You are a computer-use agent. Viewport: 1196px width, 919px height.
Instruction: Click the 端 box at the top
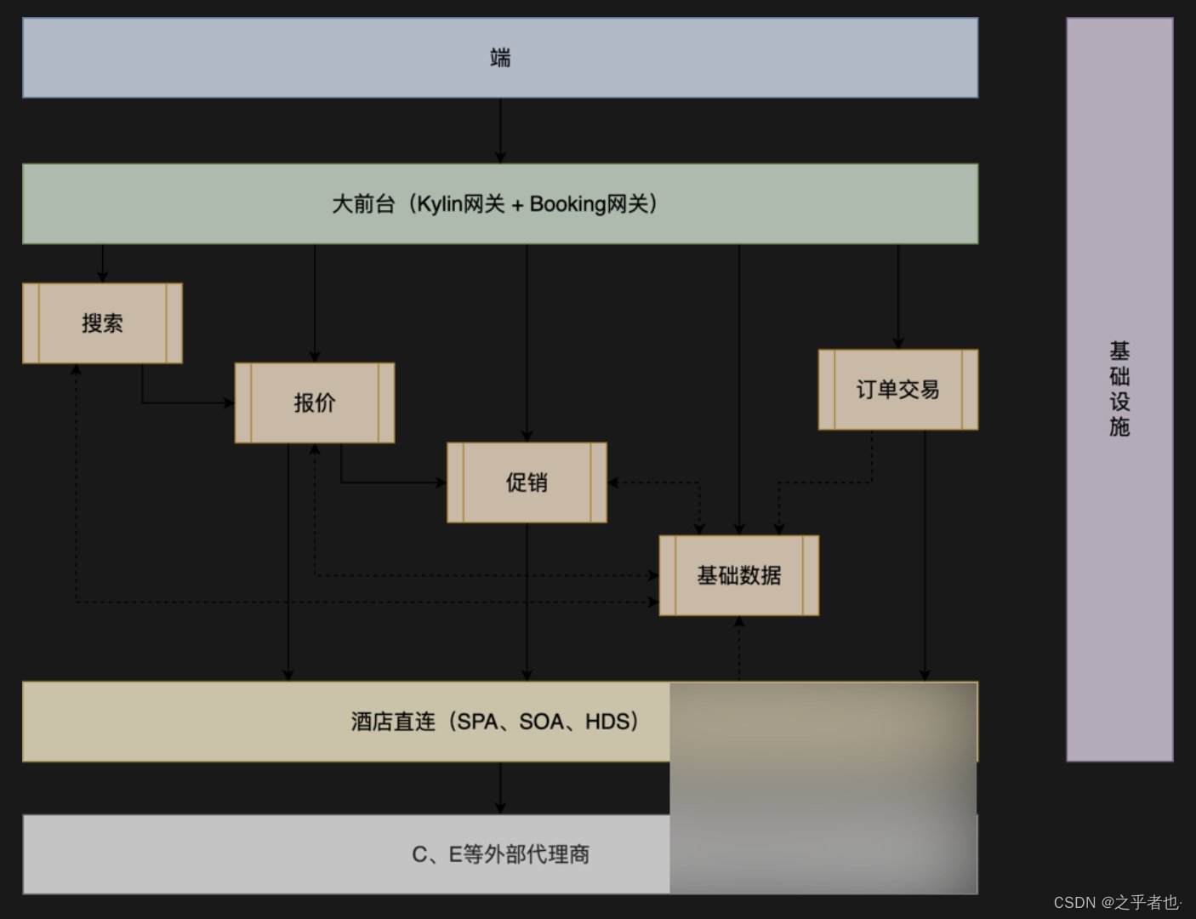coord(500,58)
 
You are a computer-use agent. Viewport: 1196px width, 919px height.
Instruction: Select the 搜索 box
coord(102,323)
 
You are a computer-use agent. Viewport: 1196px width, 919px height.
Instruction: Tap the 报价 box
coord(315,402)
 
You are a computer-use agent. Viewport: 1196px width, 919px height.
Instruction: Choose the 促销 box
coord(527,482)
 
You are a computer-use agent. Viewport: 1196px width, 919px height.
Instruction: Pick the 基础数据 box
coord(738,575)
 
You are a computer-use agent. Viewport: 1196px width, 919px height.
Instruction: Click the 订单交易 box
coord(897,390)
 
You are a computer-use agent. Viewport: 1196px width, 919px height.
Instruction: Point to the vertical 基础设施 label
coord(1119,389)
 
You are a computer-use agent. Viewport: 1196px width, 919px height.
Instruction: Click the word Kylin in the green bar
coord(439,204)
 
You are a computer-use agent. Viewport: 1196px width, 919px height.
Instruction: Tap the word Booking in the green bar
coord(567,204)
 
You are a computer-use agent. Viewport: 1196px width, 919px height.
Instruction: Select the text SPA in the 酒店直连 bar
coord(477,722)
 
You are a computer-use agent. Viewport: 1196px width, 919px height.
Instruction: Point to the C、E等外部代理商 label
coord(500,854)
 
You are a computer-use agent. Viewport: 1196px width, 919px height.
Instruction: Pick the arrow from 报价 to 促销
coord(391,482)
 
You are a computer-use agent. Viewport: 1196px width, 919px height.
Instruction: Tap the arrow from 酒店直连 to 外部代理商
coord(500,788)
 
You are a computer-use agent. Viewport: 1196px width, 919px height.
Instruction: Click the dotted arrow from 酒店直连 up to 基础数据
coord(739,648)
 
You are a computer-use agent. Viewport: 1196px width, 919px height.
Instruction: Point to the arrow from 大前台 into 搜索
coord(103,263)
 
